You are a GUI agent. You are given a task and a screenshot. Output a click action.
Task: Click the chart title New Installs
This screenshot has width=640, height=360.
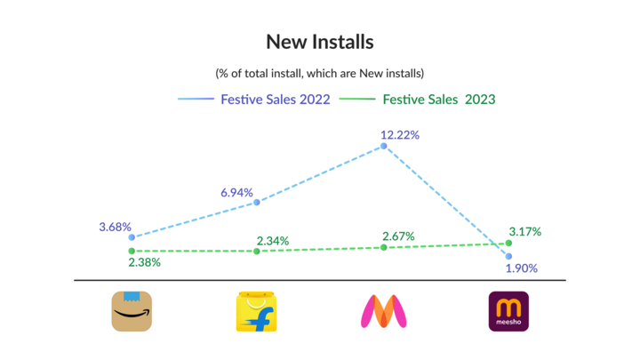[320, 42]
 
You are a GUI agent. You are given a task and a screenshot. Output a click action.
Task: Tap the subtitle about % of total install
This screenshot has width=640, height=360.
[319, 73]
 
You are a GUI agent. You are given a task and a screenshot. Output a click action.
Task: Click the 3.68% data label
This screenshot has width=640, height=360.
[115, 227]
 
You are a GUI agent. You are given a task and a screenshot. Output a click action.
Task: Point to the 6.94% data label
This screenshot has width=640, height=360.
[237, 192]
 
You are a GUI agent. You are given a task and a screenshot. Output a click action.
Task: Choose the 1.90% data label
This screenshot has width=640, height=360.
[521, 268]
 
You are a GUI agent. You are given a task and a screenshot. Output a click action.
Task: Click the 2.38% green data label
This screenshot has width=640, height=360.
[144, 263]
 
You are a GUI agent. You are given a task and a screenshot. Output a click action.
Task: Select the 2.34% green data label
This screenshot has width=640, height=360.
[272, 241]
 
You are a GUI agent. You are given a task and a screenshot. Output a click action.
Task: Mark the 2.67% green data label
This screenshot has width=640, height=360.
[398, 236]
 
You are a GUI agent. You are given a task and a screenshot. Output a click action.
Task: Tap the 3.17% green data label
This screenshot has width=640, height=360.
[524, 232]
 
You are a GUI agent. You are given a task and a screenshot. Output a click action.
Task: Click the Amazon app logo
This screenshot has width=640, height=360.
[132, 311]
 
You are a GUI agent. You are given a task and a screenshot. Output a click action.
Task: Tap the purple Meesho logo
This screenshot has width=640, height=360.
[508, 311]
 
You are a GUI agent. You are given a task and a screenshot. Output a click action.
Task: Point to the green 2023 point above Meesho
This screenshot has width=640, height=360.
[508, 243]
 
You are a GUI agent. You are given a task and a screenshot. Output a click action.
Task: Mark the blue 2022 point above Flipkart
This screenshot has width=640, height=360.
[257, 203]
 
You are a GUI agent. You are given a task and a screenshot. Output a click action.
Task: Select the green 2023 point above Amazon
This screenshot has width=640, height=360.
[132, 252]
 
